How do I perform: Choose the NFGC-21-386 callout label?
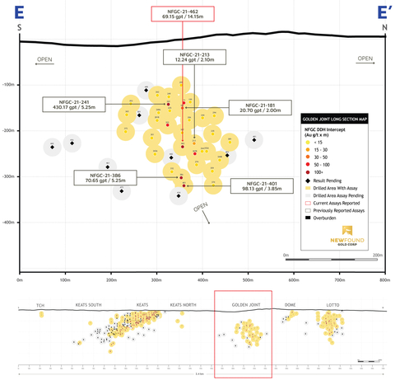coord(103,177)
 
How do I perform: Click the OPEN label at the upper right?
coord(365,58)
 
